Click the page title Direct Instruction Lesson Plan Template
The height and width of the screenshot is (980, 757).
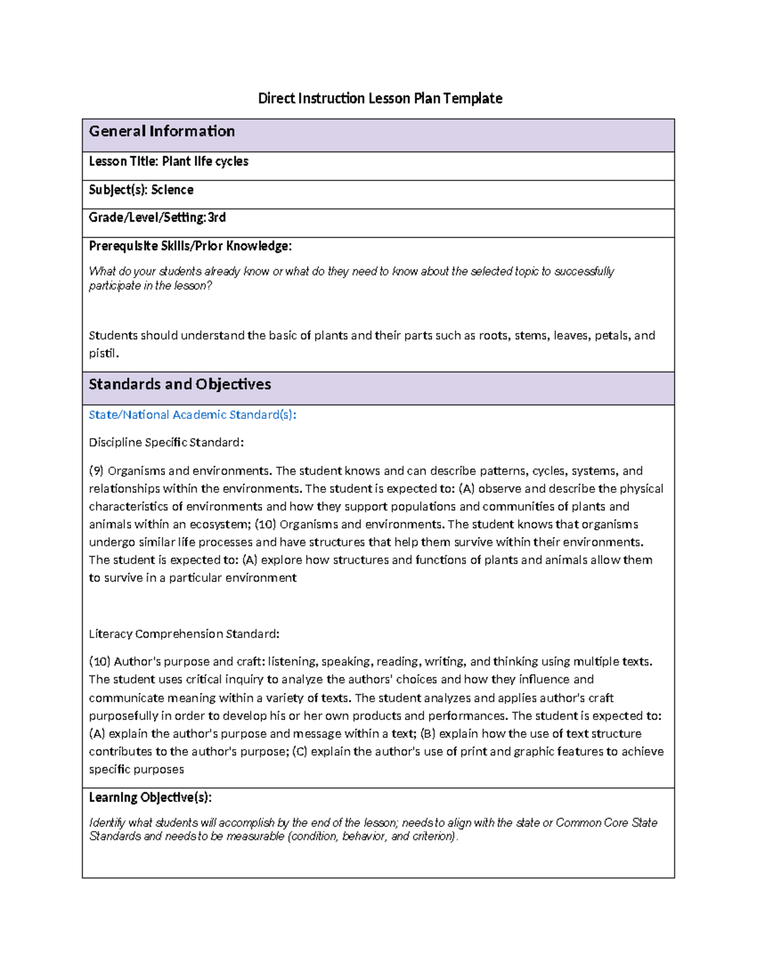380,98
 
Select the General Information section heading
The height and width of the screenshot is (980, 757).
161,131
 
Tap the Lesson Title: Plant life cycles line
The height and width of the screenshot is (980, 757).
168,162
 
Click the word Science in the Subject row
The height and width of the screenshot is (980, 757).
172,190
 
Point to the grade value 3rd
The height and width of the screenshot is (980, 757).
217,218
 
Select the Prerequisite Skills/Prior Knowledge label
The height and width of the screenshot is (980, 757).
190,246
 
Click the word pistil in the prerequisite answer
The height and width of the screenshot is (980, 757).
102,353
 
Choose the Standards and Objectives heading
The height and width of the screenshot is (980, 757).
180,384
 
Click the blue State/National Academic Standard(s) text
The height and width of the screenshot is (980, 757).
192,415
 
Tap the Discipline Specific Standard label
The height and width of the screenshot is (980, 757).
166,442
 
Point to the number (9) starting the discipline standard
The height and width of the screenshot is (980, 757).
96,471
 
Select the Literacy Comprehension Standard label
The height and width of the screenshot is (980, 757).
184,634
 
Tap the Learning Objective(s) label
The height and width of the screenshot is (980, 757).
150,798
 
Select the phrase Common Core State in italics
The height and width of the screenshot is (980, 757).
606,823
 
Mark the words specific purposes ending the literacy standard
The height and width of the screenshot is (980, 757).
136,770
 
